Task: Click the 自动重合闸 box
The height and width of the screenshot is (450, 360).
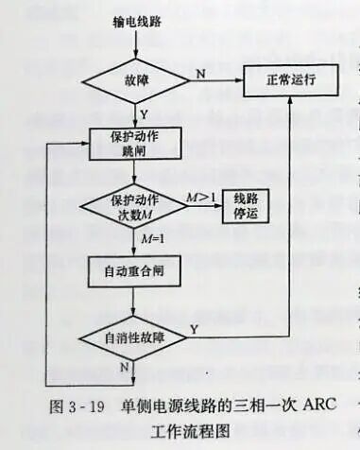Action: pos(134,271)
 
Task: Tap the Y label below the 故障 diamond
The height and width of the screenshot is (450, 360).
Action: pos(145,111)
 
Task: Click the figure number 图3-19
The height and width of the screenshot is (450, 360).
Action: pos(75,409)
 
